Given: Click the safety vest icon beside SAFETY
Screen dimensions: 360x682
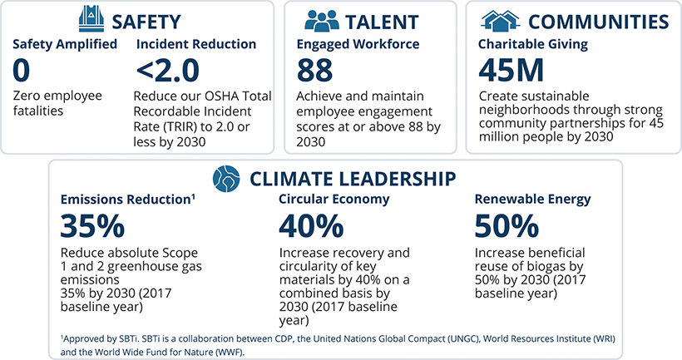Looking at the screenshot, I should (x=91, y=18).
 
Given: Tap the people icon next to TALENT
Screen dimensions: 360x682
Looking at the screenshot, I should (x=322, y=20).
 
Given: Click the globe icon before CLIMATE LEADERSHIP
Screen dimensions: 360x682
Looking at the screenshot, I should (x=225, y=178).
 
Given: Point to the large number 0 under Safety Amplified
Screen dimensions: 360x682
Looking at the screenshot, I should (x=22, y=72).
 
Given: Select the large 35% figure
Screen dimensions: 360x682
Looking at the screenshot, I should (x=92, y=226).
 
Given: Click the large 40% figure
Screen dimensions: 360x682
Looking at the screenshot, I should (x=310, y=226).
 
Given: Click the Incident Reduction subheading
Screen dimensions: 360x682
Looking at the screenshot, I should (x=195, y=44).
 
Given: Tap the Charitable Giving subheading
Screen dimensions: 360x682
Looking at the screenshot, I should (x=534, y=44).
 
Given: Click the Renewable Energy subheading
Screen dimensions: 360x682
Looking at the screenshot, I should (x=532, y=200).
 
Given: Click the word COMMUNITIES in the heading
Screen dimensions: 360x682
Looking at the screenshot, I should (x=599, y=20).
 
